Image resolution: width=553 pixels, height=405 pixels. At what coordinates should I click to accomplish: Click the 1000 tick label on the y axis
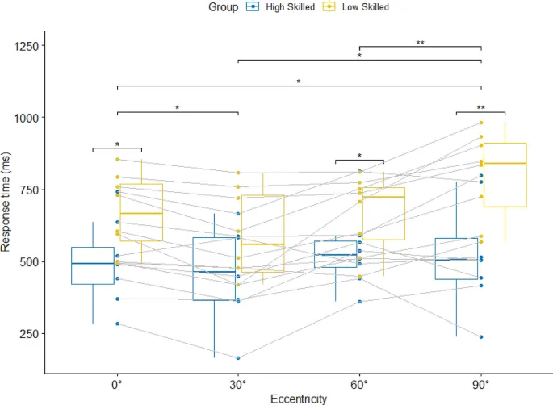[27, 118]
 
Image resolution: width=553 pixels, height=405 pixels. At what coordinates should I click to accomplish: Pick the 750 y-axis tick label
[30, 190]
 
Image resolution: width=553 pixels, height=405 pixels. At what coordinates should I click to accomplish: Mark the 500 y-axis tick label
[30, 262]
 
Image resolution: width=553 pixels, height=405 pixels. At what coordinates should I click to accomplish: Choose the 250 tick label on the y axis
[30, 334]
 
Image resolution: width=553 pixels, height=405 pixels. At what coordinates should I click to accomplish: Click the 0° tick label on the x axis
[117, 384]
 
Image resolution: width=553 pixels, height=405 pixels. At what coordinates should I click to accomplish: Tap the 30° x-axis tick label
[238, 384]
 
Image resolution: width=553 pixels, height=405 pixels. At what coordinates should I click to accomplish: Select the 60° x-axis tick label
[359, 384]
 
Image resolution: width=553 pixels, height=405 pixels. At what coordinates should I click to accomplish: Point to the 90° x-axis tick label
[481, 384]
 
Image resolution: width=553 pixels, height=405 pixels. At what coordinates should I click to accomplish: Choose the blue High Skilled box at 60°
[335, 254]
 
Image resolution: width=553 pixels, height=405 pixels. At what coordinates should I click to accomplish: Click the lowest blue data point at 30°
[238, 358]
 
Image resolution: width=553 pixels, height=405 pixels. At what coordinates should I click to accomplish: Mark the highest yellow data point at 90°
[481, 123]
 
